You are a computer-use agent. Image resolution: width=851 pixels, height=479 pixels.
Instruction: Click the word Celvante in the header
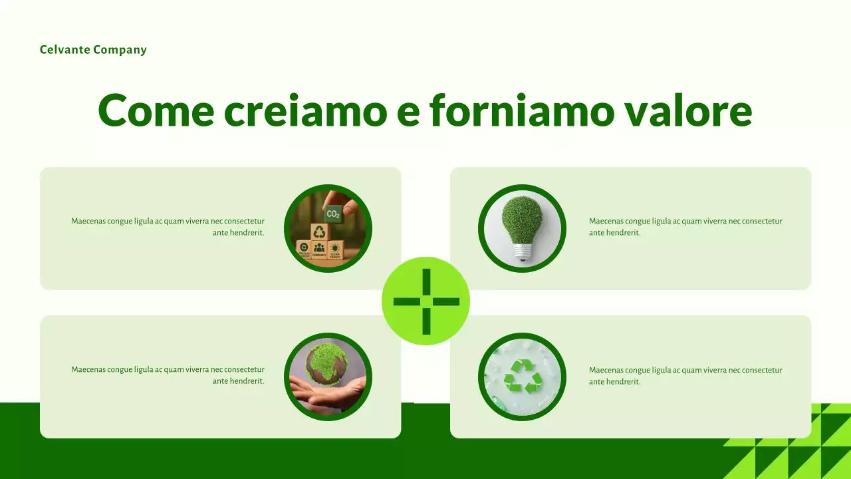[64, 50]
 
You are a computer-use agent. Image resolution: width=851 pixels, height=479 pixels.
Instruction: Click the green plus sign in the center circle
[425, 301]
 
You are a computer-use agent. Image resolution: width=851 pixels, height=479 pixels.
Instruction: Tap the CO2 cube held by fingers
[332, 214]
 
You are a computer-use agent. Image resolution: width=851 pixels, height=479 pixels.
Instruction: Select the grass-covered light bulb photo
[522, 228]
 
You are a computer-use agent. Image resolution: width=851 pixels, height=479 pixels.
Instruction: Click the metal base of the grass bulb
[523, 252]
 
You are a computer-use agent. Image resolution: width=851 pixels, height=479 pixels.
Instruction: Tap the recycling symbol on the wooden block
[320, 232]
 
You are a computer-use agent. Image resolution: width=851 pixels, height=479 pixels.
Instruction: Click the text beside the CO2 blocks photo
[168, 227]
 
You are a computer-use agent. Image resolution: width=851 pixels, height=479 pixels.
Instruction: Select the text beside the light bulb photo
[685, 227]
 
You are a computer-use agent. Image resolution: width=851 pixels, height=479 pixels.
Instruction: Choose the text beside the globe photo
[168, 375]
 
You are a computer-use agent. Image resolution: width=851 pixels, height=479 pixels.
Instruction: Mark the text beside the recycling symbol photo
[685, 376]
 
